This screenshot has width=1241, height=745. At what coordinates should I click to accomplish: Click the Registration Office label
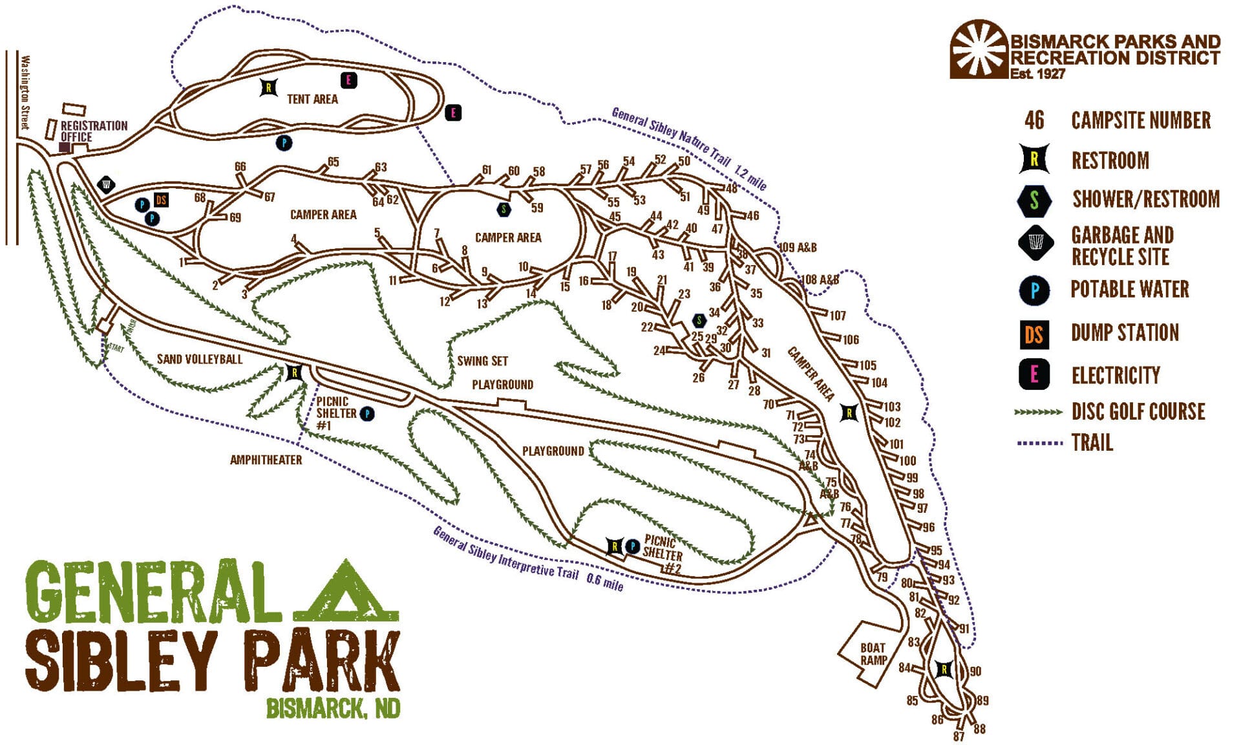click(x=94, y=131)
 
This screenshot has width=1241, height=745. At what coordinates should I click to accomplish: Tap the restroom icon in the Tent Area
click(x=269, y=87)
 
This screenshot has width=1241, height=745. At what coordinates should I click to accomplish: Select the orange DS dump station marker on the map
click(x=162, y=200)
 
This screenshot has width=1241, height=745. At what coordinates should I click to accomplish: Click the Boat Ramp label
click(x=873, y=654)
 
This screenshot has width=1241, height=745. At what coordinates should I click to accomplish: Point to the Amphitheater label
click(x=266, y=460)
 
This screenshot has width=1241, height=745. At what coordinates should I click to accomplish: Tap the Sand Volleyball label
click(x=200, y=359)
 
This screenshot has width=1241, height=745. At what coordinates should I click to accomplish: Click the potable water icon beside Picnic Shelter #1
click(x=367, y=413)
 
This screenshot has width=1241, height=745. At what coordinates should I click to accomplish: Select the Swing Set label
click(x=482, y=361)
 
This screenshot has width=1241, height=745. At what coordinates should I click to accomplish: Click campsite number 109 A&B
click(x=797, y=247)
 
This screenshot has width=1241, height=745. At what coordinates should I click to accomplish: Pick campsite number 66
click(x=240, y=167)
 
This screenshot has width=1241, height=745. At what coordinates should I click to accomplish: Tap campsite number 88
click(x=979, y=729)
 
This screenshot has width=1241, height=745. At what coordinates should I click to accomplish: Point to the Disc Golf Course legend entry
click(x=1138, y=412)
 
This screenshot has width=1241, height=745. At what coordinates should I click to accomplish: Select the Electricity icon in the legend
click(x=1034, y=375)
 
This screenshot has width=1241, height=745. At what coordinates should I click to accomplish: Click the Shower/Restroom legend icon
click(x=1034, y=200)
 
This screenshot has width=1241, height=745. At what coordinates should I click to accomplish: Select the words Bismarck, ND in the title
click(x=333, y=709)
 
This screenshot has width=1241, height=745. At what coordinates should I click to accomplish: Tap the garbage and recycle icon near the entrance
click(x=106, y=186)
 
